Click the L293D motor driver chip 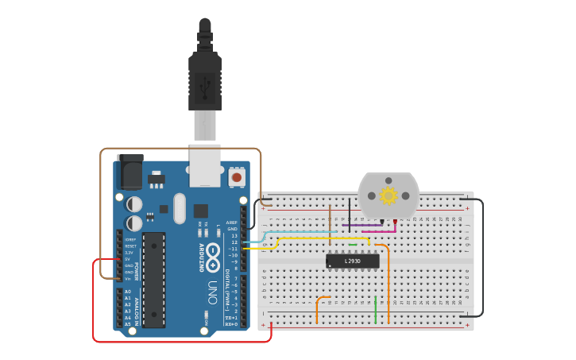point(352,261)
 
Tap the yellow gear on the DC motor point(389,195)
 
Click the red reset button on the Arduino point(236,177)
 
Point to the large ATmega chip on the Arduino point(154,279)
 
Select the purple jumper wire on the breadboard point(361,225)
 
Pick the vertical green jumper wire point(375,310)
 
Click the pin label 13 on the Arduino point(234,236)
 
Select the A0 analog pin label point(127,292)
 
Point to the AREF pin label point(231,223)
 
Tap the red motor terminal point(395,222)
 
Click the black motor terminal point(382,222)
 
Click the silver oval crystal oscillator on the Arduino point(180,208)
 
